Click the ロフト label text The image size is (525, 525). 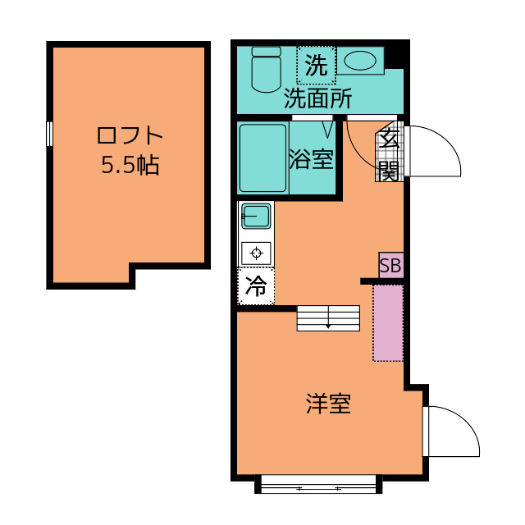130,135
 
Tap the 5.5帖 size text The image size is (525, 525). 130,166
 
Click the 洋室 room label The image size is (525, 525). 329,404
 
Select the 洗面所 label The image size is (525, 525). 318,98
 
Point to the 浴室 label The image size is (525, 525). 312,158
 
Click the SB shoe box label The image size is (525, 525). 390,266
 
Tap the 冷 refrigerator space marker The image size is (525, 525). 256,287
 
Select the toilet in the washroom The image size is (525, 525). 266,70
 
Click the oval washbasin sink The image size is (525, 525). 358,60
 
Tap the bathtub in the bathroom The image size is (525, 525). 262,157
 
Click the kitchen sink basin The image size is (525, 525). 256,217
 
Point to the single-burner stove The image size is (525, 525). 256,253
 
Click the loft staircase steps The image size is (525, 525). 328,317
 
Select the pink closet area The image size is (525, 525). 388,322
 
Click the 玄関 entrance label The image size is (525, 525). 389,155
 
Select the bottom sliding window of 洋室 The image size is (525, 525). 319,486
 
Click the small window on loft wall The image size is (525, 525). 50,134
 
